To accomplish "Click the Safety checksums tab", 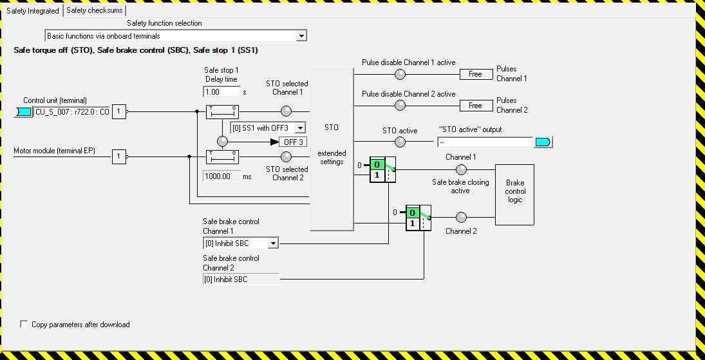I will click(95, 10).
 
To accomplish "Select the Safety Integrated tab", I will click(33, 10).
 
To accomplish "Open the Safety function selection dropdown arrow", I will click(301, 36).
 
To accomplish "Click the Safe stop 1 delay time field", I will click(221, 92).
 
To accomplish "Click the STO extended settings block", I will click(332, 149).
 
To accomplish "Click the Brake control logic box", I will click(514, 191).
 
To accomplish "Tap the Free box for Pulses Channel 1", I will click(476, 74).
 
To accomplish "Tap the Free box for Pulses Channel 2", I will click(476, 106).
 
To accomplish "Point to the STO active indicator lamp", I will click(400, 142).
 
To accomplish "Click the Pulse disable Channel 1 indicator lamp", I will click(400, 74).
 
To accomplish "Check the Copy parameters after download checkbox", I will click(25, 325).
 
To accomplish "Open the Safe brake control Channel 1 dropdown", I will click(273, 243).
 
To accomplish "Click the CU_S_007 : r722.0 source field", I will click(71, 112).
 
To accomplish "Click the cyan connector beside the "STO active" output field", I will click(543, 142).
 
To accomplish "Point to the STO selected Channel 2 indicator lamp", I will click(287, 156).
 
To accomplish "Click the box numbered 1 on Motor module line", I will click(118, 156).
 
